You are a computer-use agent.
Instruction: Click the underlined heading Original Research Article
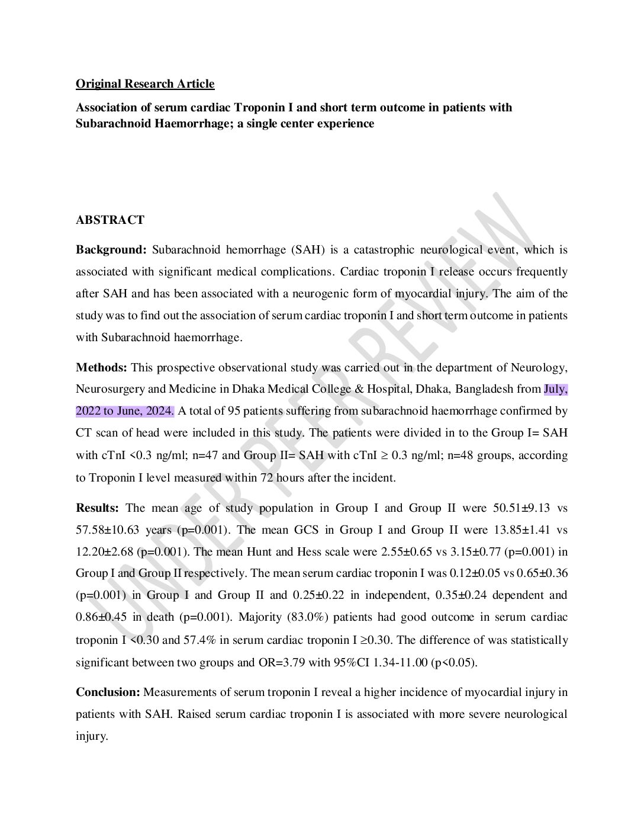click(145, 84)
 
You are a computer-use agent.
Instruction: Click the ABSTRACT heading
click(110, 220)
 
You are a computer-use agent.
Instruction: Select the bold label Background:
click(111, 249)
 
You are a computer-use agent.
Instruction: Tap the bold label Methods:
click(101, 367)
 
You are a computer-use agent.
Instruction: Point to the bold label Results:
click(97, 508)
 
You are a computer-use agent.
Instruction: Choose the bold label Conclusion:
click(108, 692)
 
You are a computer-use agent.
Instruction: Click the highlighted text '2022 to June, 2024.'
click(125, 411)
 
